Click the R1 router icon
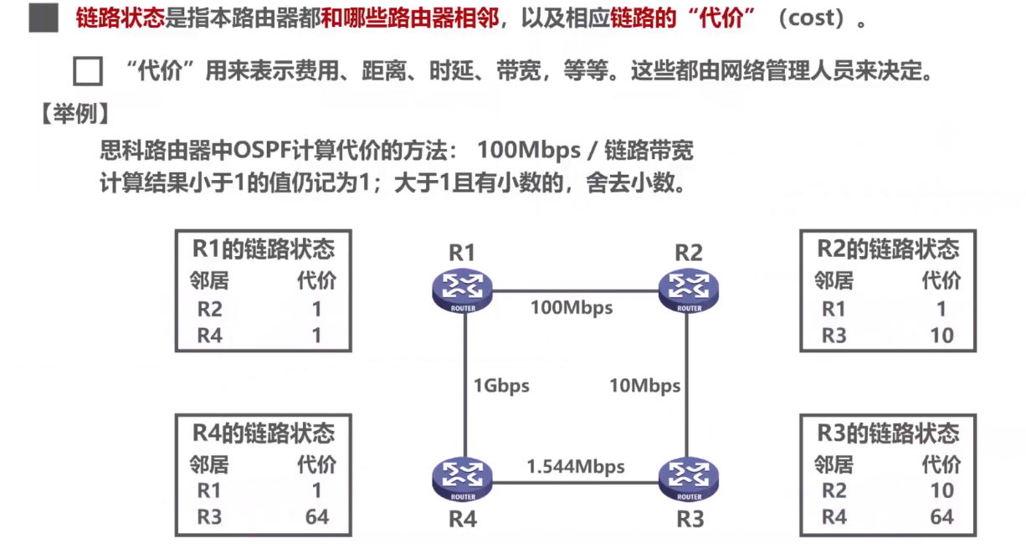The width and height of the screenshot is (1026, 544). (x=462, y=290)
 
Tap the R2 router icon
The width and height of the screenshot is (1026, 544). (x=689, y=290)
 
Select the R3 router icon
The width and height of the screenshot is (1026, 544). (x=689, y=480)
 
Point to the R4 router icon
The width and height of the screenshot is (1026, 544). (x=462, y=480)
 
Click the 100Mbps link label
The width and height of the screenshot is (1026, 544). (x=572, y=308)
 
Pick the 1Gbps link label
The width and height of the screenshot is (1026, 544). (x=501, y=386)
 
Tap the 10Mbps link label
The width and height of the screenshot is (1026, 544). (x=644, y=386)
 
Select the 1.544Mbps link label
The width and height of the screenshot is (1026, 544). (x=576, y=466)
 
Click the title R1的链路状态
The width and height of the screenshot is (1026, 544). (x=263, y=249)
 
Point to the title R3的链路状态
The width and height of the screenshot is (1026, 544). (x=888, y=434)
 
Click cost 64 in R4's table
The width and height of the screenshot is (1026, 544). (x=317, y=516)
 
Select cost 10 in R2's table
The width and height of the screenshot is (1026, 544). (x=941, y=336)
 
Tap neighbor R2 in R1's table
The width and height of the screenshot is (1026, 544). (x=210, y=310)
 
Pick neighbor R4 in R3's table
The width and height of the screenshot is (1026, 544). (x=834, y=517)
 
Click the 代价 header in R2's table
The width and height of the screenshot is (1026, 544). (x=941, y=280)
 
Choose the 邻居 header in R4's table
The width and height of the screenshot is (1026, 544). (x=209, y=463)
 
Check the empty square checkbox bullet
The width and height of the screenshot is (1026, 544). (x=87, y=72)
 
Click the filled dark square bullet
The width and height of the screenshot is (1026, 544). (x=44, y=18)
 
